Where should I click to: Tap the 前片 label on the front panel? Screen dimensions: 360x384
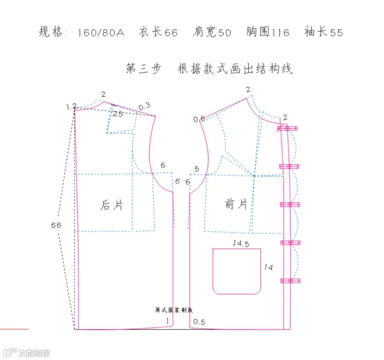(236, 204)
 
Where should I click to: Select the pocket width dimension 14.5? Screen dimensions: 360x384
(241, 243)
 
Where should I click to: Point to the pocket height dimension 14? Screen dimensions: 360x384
(268, 267)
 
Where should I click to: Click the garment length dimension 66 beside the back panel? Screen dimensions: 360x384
(56, 225)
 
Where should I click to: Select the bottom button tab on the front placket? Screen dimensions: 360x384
(290, 281)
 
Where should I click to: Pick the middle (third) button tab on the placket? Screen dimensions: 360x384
(290, 204)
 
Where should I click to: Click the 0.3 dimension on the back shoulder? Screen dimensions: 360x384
(144, 106)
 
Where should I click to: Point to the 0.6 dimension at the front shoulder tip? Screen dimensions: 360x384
(199, 119)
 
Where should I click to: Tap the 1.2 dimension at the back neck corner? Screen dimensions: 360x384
(71, 106)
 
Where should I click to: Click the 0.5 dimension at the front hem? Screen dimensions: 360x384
(199, 322)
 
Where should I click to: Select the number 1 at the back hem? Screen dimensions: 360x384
(167, 321)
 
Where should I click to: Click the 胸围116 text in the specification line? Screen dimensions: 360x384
(267, 32)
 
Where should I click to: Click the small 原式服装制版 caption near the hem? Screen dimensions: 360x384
(174, 310)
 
